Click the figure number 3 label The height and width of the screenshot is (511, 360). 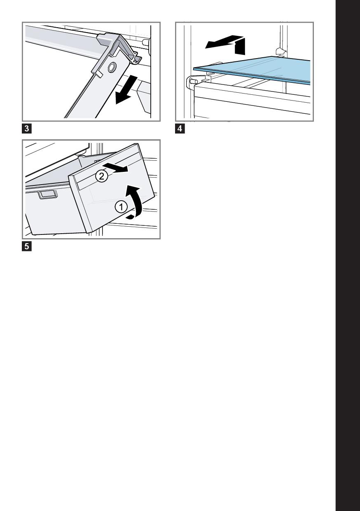[27, 129]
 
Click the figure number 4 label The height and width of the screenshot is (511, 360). [180, 129]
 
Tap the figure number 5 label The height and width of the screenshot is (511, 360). [27, 246]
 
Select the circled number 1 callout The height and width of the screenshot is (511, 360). [121, 207]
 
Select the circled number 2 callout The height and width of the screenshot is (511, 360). [101, 176]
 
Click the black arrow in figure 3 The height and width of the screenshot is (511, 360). [126, 90]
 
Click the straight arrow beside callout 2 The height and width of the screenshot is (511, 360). [115, 168]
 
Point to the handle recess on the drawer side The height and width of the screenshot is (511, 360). [48, 195]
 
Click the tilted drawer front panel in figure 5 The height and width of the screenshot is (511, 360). [112, 188]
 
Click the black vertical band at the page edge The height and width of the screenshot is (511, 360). [348, 255]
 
